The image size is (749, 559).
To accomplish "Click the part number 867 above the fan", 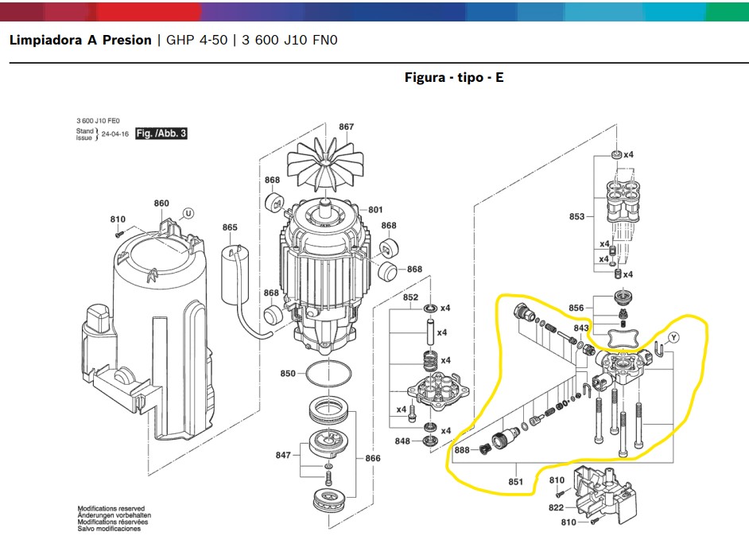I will point(346,126).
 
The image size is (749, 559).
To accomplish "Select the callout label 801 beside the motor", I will point(375,210).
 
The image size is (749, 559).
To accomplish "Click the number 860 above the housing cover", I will point(161,204).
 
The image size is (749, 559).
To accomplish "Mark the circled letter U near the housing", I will point(188,212).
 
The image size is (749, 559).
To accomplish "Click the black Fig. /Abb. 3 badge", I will point(161,134).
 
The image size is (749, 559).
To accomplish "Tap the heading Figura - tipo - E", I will point(453,77).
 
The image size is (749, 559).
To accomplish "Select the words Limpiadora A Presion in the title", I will point(80,40).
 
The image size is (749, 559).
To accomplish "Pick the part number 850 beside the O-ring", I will point(288,374).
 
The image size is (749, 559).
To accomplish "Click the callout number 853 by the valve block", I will point(577,216).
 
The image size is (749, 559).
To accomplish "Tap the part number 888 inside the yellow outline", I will point(461,450).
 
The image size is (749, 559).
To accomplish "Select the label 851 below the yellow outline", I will point(516,481).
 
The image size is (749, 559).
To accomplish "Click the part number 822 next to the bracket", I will point(556,507).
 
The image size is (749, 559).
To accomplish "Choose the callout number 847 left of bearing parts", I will point(283,455).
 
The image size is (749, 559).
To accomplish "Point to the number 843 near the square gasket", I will point(581,328).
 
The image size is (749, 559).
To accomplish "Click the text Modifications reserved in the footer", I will point(111,508).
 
